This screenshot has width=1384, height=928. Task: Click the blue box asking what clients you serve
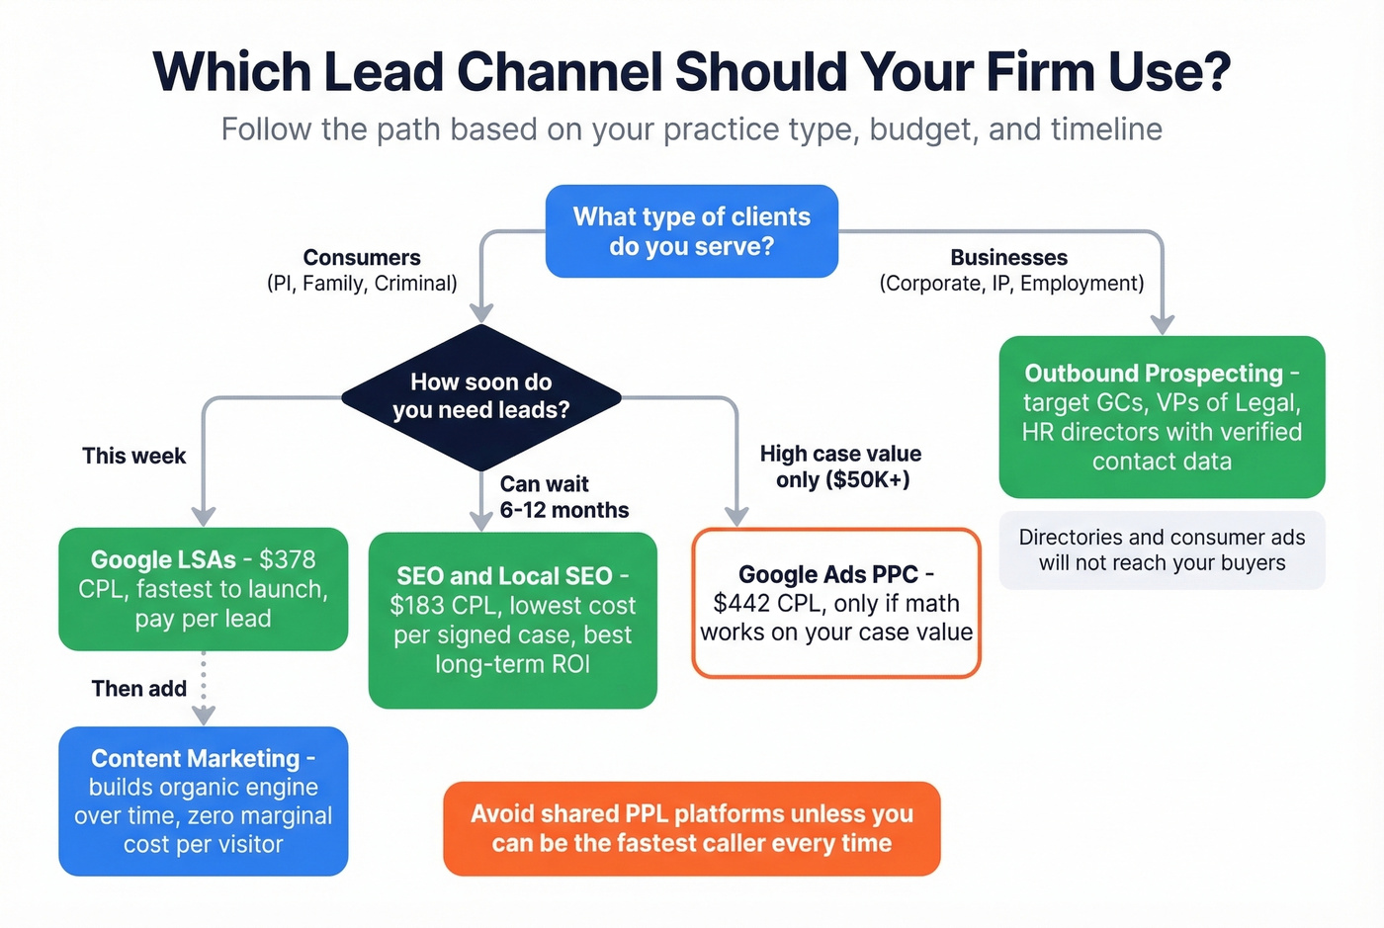click(692, 231)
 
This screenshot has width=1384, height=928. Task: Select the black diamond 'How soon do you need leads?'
click(481, 396)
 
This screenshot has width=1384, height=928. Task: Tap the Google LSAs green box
click(203, 589)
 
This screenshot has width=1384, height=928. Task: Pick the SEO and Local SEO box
click(512, 620)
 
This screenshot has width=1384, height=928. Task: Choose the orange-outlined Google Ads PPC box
click(836, 603)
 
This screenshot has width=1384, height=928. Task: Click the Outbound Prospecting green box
click(1162, 416)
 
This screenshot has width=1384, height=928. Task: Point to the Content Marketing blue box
click(203, 801)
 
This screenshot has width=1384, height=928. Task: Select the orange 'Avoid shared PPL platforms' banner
click(692, 828)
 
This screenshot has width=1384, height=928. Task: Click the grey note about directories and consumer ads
click(1162, 549)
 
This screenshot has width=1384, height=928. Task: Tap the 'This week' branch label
click(134, 456)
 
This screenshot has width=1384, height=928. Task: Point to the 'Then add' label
click(138, 688)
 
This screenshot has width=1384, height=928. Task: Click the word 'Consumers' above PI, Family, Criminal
click(362, 258)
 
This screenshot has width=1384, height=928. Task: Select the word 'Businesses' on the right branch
click(1008, 258)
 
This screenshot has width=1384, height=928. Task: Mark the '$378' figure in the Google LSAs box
click(287, 559)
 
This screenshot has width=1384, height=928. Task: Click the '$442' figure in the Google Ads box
click(741, 603)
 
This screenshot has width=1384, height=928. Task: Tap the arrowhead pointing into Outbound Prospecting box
click(1163, 324)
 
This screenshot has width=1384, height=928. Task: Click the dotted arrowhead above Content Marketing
click(204, 715)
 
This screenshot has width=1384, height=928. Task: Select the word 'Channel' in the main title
click(560, 72)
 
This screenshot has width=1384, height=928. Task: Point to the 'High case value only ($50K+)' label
click(841, 466)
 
